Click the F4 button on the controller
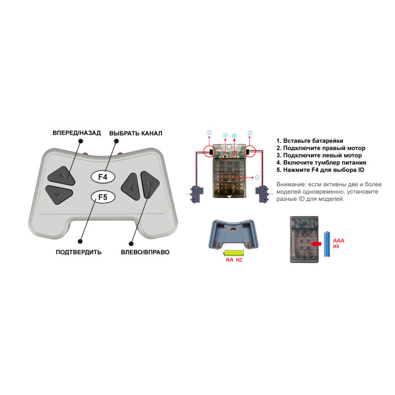point(103,177)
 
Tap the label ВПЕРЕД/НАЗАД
point(77,133)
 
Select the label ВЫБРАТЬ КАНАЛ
point(136,133)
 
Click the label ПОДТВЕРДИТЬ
point(78,252)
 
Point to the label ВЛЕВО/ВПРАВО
point(145,252)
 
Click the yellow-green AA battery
point(234,253)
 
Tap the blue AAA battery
point(327,244)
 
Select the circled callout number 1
point(257,177)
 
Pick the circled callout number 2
point(250,133)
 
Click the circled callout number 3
point(209,133)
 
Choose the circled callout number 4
point(225,135)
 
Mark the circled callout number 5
point(234,136)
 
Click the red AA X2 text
point(234,260)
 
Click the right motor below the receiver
point(263,194)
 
